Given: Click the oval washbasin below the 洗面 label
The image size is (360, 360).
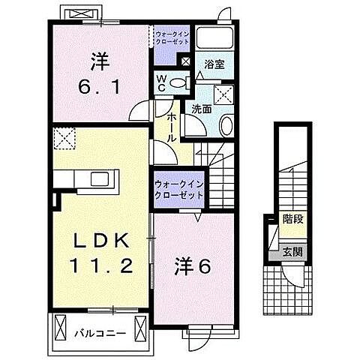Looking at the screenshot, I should (225, 125).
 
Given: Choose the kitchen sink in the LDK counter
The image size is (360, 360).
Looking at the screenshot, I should (100, 179).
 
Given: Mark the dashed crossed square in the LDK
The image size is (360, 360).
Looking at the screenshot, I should (63, 139).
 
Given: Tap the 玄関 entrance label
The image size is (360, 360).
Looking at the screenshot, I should (292, 252).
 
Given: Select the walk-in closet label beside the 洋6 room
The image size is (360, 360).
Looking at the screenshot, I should (178, 188).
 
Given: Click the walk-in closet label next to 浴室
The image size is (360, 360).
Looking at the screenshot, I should (173, 38).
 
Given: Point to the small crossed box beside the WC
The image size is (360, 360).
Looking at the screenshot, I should (185, 63).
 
